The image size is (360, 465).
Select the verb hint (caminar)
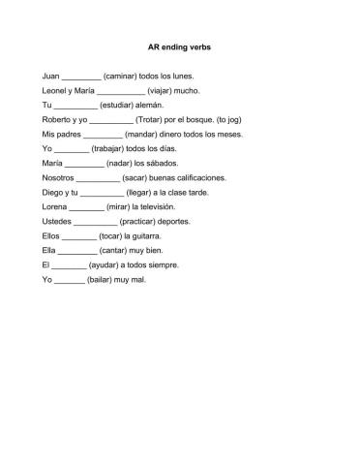tap(121, 75)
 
